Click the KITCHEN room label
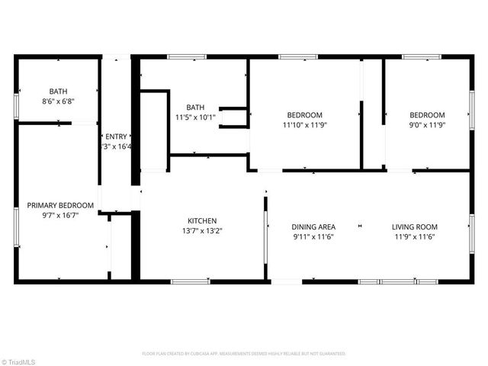coord(202,220)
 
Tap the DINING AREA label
coord(313,226)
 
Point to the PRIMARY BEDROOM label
coord(60,205)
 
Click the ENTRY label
coord(116,136)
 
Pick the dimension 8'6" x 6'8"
coord(57,101)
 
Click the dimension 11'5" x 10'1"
coord(197,117)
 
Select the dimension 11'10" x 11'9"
coord(304,124)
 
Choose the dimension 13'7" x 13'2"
coord(202,230)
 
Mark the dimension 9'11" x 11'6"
coord(313,236)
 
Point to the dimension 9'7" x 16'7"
coord(60,215)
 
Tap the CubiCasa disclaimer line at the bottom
coord(244,354)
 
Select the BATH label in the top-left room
coord(57,91)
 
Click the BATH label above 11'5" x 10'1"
coord(197,108)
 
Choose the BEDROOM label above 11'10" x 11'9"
coord(304,114)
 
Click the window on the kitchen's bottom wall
coord(190,281)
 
